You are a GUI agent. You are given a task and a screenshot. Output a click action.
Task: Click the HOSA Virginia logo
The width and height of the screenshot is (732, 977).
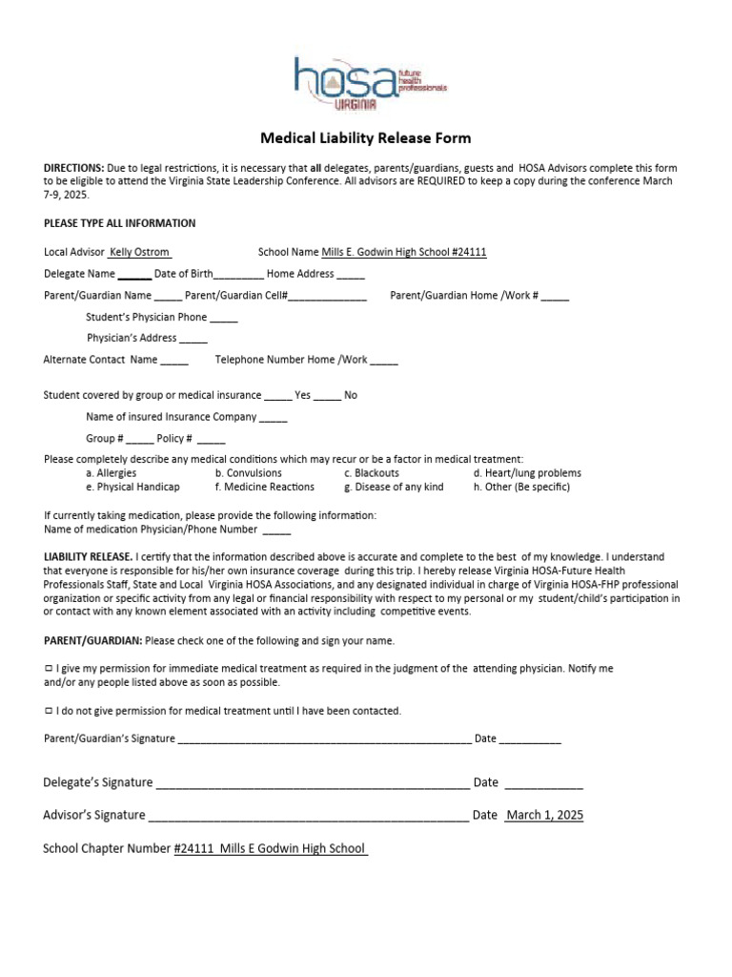coord(368,84)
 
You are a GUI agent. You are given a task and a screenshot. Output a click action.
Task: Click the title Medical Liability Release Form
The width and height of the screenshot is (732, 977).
coord(366,138)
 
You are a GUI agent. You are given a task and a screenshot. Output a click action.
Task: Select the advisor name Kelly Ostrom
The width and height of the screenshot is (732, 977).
coord(139,252)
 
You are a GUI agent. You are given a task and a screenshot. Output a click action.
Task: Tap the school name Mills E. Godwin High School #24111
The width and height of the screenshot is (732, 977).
coord(404,252)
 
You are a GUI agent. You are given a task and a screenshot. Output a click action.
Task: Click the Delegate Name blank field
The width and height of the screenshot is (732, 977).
coord(134,274)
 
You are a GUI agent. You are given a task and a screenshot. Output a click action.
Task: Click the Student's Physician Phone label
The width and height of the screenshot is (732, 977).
coord(146,317)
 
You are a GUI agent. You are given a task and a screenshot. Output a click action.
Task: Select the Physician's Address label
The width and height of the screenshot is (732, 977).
coord(132,338)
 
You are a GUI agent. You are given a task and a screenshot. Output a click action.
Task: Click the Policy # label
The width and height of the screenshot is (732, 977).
coord(174,438)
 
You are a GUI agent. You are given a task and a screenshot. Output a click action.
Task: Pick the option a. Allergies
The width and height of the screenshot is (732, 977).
coord(111,472)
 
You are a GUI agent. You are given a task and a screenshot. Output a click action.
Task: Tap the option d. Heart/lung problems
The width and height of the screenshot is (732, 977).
coord(526,472)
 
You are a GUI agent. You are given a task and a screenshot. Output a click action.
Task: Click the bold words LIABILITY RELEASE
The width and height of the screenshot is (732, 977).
coord(89,556)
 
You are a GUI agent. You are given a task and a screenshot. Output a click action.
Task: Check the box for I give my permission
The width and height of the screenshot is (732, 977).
coord(49,669)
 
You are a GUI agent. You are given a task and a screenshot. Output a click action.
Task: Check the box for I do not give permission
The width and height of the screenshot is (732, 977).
coord(49,711)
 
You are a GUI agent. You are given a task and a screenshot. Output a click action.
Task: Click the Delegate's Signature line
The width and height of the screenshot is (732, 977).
coord(312,784)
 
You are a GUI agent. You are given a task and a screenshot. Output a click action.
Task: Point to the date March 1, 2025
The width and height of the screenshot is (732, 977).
coord(544,815)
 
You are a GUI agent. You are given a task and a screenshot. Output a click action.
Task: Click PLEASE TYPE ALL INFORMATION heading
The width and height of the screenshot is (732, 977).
coord(120,223)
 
